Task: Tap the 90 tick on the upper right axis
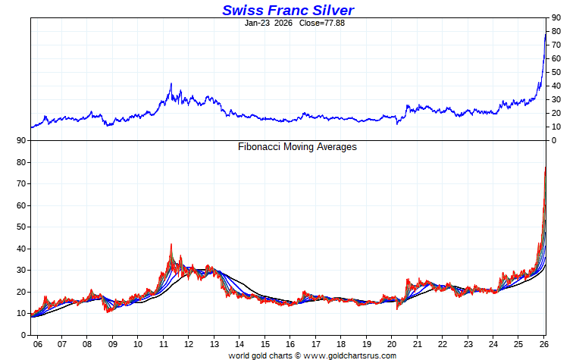point(556,17)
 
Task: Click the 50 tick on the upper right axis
point(556,72)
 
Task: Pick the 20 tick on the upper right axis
point(556,113)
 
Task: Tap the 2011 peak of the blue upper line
point(171,83)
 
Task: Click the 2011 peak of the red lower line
point(171,244)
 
